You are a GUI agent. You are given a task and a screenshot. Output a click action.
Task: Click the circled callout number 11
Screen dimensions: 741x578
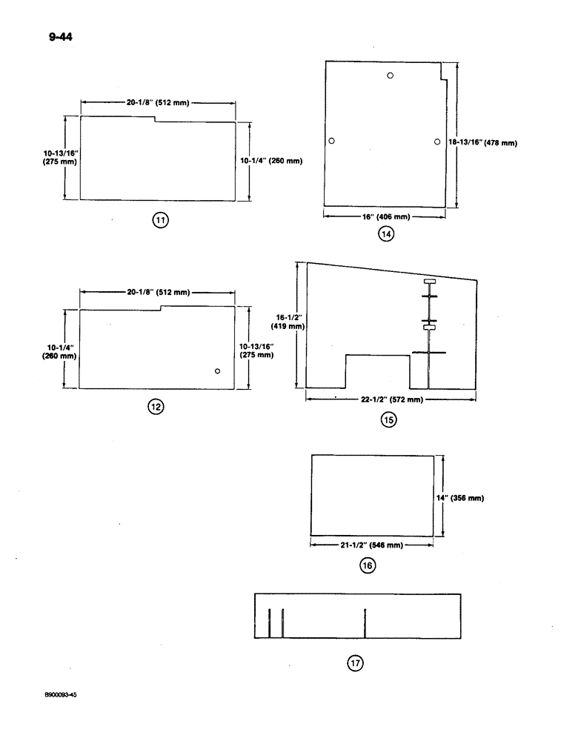click(x=161, y=219)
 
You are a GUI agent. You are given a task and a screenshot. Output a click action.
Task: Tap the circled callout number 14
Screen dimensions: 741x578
click(x=385, y=234)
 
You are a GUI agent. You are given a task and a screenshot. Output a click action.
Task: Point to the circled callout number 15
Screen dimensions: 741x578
click(x=388, y=420)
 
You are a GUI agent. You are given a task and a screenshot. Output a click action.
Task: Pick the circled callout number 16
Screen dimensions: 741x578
click(x=367, y=565)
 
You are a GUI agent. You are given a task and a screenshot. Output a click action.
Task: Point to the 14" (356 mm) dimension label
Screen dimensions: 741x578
click(x=466, y=498)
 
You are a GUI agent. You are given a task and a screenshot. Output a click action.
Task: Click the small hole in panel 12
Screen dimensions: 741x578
click(x=217, y=370)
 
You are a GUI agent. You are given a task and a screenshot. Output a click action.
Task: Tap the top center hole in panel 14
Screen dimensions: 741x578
click(x=390, y=76)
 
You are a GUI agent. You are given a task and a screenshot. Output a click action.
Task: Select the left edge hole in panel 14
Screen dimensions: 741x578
click(x=332, y=141)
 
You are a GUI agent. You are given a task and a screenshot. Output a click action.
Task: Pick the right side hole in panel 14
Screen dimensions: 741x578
click(x=437, y=141)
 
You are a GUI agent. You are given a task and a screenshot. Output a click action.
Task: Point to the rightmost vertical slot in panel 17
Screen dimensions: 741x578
click(x=366, y=622)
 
